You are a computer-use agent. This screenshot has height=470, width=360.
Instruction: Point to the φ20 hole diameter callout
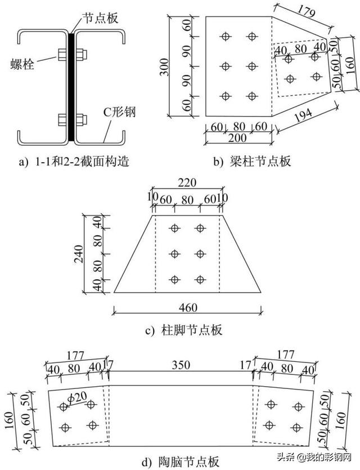click(78, 399)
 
